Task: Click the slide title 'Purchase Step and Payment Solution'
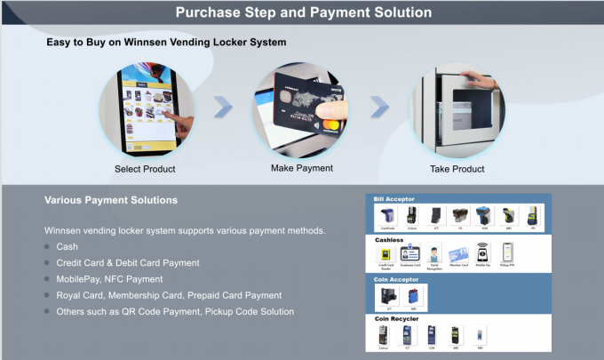click(303, 12)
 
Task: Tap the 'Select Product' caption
click(145, 169)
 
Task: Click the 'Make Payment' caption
click(302, 168)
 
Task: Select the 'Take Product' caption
click(458, 169)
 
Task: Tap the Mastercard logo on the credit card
click(331, 124)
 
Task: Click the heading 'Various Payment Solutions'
click(111, 200)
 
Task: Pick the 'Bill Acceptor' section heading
click(394, 199)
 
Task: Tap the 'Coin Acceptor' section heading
click(396, 278)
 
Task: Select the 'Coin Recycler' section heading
click(396, 317)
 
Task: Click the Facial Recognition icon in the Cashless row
click(434, 253)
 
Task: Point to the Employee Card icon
click(410, 253)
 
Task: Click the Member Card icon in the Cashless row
click(458, 253)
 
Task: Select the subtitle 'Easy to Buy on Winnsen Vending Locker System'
click(166, 42)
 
